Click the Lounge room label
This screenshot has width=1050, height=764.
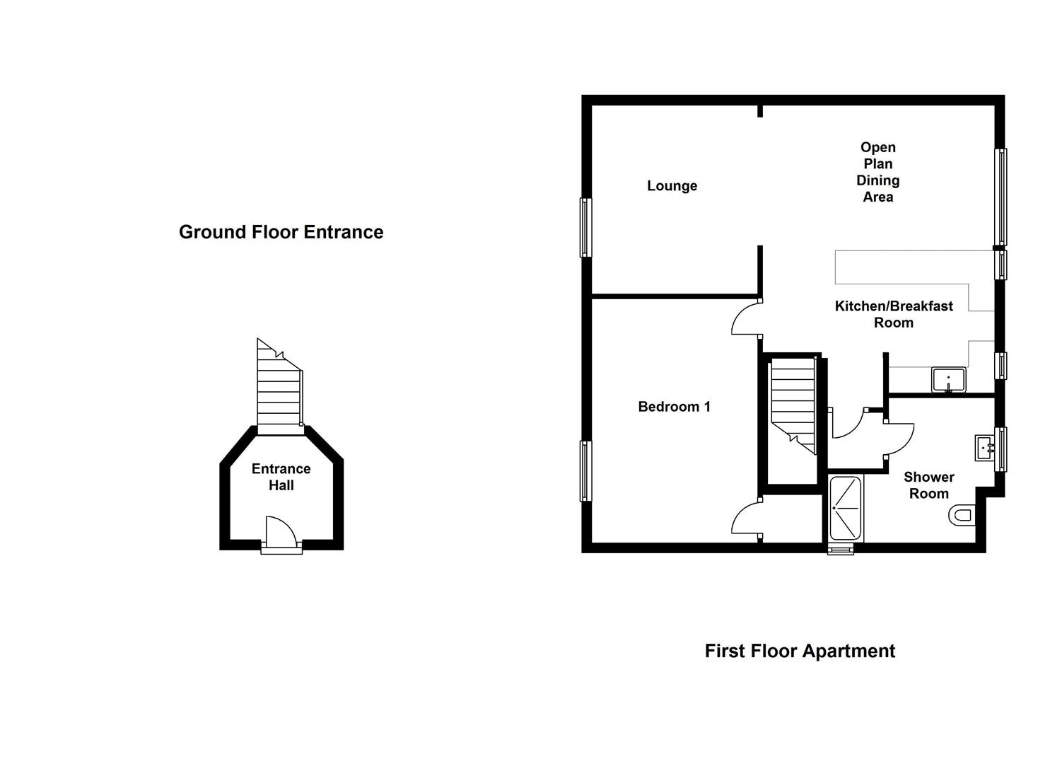pos(672,186)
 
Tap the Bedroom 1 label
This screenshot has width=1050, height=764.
pos(674,407)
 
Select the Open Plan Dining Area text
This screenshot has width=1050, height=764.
pos(877,172)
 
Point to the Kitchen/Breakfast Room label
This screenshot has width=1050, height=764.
pos(894,314)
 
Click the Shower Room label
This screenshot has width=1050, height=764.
pos(928,485)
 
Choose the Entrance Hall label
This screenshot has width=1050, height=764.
pos(281,477)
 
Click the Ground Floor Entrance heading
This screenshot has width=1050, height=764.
pos(281,232)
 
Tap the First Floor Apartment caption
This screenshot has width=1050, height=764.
pos(799,651)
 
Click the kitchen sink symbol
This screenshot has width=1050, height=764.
pos(948,380)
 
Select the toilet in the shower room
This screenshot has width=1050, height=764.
pos(962,514)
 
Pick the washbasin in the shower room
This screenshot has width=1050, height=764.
pos(985,448)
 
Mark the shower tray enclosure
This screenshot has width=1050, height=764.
pos(845,508)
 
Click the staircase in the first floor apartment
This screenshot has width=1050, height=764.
pos(793,405)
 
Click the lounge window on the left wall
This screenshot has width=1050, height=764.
pos(585,227)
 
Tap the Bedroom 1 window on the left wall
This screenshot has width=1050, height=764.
pos(585,470)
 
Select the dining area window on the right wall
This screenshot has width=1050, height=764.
pos(1001,197)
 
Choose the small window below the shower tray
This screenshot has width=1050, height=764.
pos(841,550)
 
